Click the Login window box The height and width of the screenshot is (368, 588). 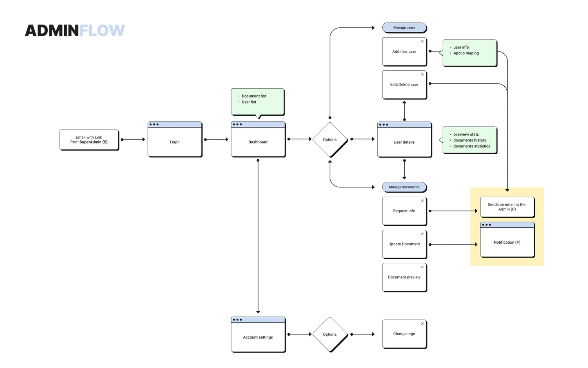[x=175, y=139]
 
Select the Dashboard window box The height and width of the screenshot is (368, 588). [x=258, y=139]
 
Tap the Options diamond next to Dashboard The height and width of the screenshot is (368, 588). [x=330, y=139]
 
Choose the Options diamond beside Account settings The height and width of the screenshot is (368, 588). [x=330, y=334]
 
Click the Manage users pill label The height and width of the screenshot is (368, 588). [x=404, y=28]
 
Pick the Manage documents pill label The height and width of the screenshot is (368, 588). [x=404, y=187]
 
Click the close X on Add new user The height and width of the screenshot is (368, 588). [x=422, y=41]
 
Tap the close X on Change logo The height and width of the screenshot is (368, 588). [x=422, y=323]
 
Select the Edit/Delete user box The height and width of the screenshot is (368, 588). [x=405, y=85]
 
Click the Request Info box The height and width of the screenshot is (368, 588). [x=405, y=211]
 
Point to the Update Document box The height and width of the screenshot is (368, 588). [x=405, y=244]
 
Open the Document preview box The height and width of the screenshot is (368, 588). [x=405, y=277]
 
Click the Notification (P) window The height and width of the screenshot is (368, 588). [x=508, y=240]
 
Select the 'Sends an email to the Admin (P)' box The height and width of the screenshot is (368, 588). [x=508, y=207]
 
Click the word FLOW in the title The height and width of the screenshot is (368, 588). [x=102, y=31]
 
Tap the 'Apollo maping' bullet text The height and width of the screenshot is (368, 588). [x=466, y=53]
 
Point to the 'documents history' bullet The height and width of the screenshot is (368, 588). [x=470, y=140]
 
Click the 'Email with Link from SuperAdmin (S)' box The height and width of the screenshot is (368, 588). [x=89, y=140]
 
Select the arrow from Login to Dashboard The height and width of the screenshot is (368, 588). [x=216, y=139]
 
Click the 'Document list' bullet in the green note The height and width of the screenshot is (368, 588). [x=254, y=96]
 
